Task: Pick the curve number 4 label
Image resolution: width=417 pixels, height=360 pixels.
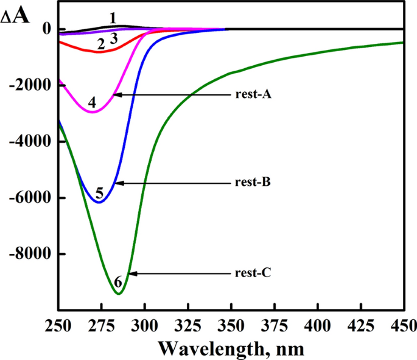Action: (x=91, y=102)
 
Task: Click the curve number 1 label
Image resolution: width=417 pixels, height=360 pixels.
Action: (x=113, y=18)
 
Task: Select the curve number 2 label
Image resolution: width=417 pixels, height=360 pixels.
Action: (x=101, y=44)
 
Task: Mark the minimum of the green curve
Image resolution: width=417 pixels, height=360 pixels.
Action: (x=119, y=294)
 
